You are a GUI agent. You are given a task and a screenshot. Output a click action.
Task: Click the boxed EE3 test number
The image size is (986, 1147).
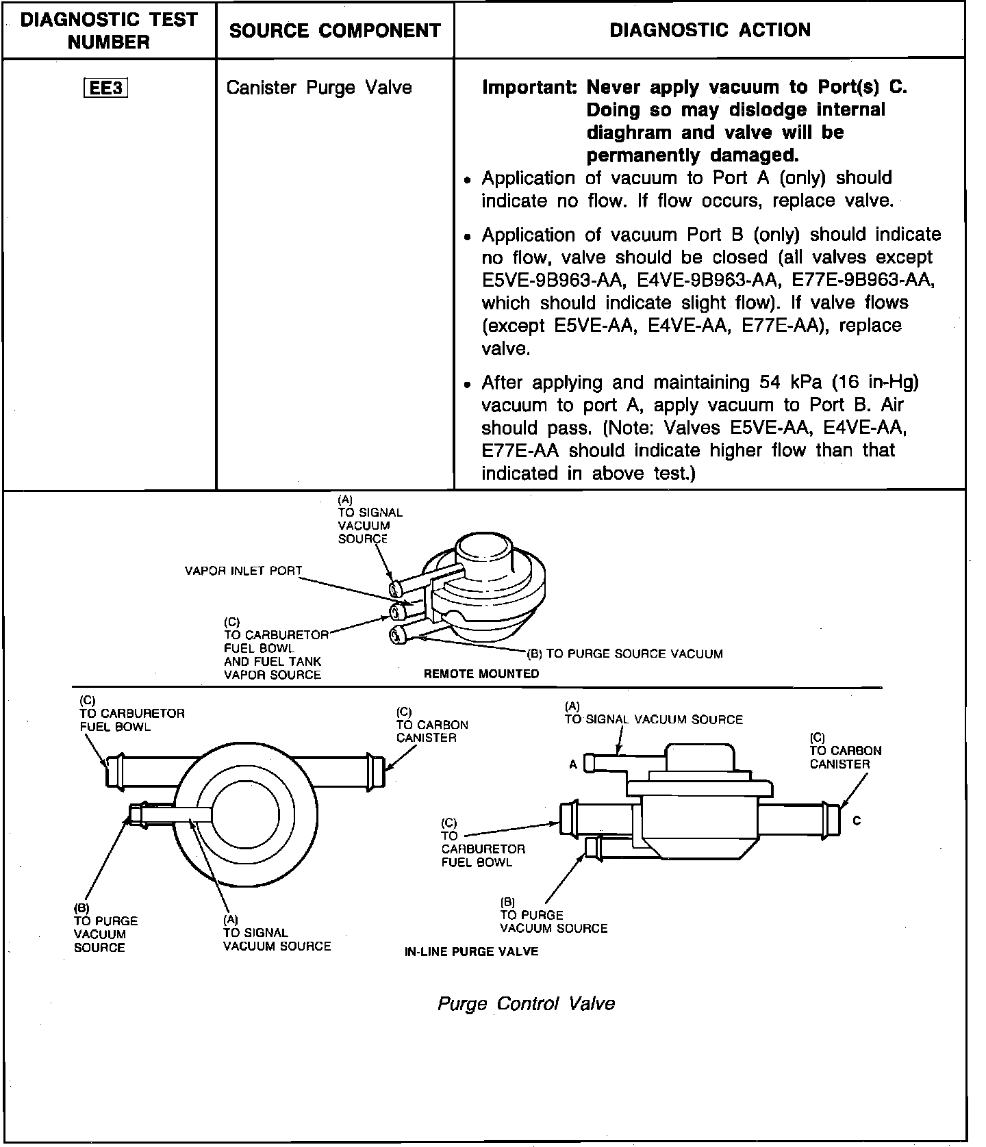pos(106,89)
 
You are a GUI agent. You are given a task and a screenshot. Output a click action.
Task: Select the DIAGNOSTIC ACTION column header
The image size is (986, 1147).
pos(709,30)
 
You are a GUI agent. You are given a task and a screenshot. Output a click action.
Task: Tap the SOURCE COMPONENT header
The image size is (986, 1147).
pos(335,30)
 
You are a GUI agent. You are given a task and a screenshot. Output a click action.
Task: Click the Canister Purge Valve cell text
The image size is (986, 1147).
pos(318,88)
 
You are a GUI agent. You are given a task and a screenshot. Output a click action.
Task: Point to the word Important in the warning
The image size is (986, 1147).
pos(529,88)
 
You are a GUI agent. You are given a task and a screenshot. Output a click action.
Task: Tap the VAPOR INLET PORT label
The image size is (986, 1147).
pos(243,571)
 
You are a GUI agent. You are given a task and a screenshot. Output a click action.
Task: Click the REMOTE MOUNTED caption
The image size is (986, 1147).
pos(481,674)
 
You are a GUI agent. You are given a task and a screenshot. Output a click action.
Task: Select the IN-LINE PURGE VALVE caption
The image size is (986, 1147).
pos(471,951)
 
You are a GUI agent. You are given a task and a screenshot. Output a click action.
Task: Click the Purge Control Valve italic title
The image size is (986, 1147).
pos(526,1003)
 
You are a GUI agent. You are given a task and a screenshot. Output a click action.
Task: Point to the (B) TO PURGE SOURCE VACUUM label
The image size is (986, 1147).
pos(624,654)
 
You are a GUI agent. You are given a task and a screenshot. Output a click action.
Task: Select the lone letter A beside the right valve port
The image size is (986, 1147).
pos(573,764)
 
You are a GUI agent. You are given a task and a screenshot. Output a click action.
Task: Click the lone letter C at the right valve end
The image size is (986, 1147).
pos(857,821)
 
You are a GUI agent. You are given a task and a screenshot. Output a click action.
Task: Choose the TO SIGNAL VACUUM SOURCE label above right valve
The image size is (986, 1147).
pos(653,719)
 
